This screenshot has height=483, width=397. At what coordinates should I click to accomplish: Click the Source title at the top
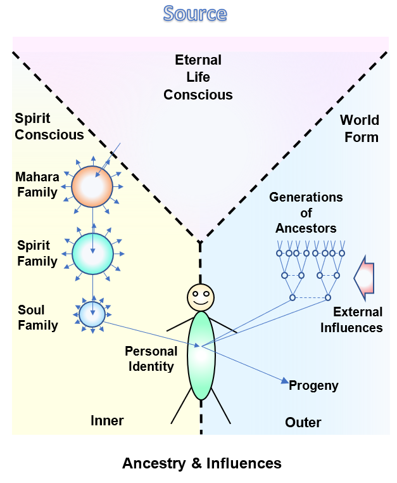point(194,13)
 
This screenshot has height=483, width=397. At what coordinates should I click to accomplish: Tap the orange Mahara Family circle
point(92,186)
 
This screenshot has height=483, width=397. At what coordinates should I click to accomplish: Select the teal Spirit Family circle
point(92,254)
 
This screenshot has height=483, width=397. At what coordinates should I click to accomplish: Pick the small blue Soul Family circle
point(92,314)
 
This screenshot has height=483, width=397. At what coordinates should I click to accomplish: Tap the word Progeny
point(313,385)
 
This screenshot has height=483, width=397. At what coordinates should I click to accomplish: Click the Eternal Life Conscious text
point(198,77)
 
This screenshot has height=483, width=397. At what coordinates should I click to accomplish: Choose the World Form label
point(360,129)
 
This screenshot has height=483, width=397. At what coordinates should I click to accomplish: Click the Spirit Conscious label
point(49,127)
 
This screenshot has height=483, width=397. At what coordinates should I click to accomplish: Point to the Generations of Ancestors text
point(306,212)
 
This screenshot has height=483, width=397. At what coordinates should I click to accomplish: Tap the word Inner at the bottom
point(107,421)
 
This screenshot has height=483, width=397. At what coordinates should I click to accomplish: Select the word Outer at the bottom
point(303,422)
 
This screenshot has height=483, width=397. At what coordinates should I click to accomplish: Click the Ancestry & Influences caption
point(201,463)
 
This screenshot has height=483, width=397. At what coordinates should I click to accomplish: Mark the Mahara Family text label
point(37,184)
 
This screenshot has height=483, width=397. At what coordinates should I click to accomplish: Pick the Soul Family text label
point(37,318)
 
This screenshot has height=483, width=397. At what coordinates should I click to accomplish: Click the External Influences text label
point(357,319)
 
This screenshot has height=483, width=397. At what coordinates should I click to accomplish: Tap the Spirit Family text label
point(37,254)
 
